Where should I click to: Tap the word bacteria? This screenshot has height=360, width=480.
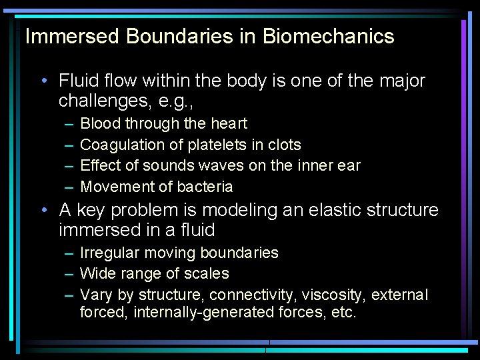(x=202, y=187)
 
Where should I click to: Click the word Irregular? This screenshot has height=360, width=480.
(x=109, y=253)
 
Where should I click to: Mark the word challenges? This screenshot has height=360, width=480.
(x=101, y=101)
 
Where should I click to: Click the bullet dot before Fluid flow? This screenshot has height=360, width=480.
(x=43, y=81)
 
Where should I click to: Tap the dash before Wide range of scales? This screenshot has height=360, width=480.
(x=69, y=273)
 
